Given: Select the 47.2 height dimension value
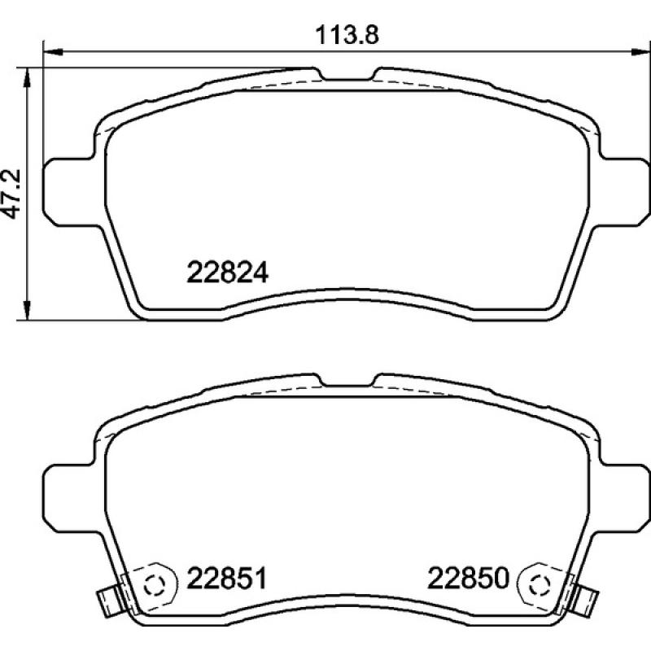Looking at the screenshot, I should pyautogui.click(x=12, y=194).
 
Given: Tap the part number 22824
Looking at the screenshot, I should pyautogui.click(x=228, y=272).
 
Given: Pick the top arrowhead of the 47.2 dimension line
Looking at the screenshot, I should pyautogui.click(x=28, y=76).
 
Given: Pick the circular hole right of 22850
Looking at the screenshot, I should pyautogui.click(x=538, y=583).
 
